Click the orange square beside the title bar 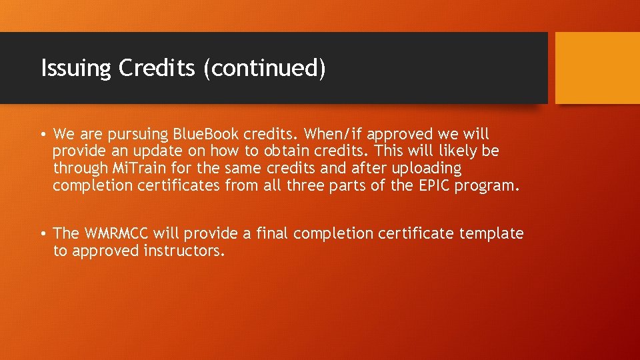(x=597, y=68)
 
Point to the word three (x=306, y=185)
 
